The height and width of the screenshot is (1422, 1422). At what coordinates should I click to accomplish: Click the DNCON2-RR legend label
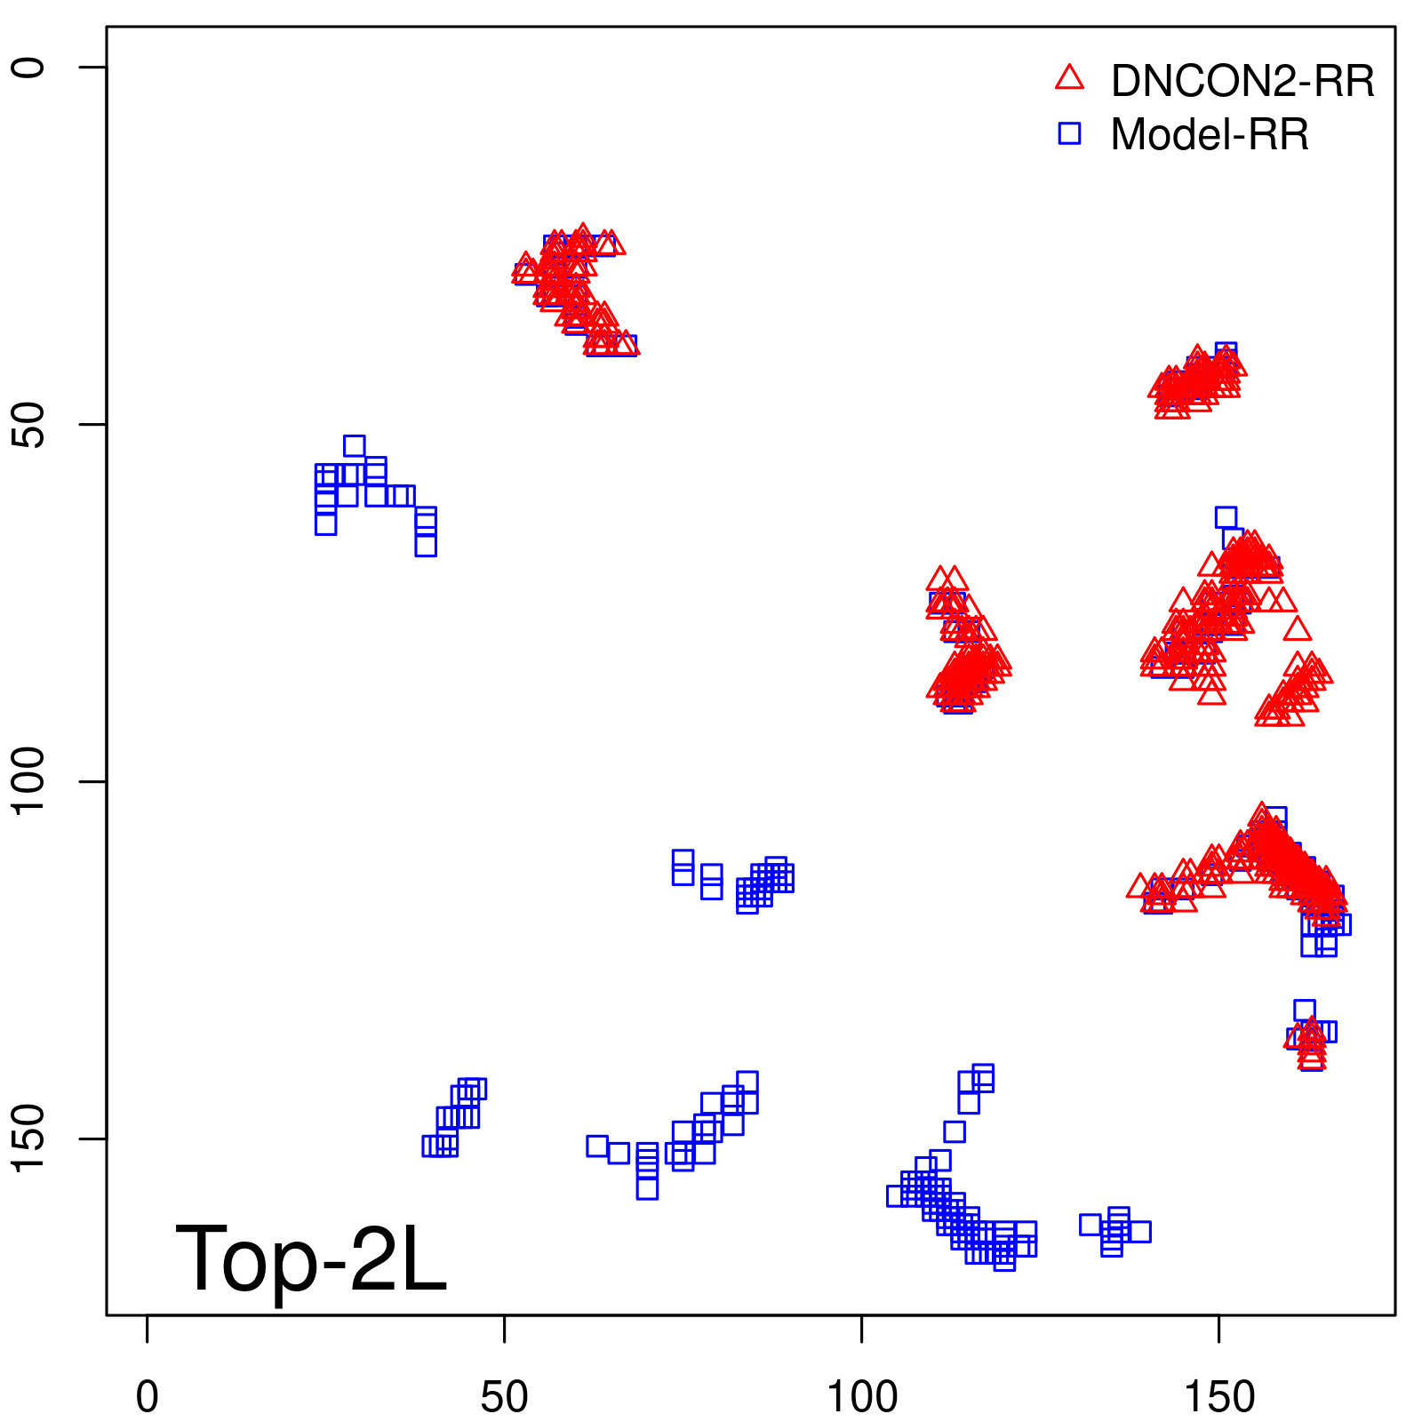click(x=1242, y=81)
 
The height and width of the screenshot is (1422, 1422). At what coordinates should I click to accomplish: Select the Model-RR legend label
click(x=1209, y=135)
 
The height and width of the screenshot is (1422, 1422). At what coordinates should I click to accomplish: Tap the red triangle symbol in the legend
click(x=1069, y=78)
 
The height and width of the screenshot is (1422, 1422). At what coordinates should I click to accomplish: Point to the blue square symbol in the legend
click(x=1069, y=133)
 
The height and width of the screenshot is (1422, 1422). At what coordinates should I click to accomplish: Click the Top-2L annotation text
click(x=311, y=1258)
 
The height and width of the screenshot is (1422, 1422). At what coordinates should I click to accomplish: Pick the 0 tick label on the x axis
click(x=148, y=1397)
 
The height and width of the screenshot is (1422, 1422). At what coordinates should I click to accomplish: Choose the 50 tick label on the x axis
click(x=504, y=1397)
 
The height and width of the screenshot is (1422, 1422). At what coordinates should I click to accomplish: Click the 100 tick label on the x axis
click(x=862, y=1397)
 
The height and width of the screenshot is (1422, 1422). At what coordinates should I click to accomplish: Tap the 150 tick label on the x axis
click(x=1219, y=1397)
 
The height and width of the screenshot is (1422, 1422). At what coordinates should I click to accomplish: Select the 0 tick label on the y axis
click(x=28, y=68)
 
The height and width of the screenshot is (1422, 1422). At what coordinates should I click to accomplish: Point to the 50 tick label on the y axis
click(x=28, y=425)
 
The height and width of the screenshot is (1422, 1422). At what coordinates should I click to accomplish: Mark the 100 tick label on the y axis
click(x=28, y=781)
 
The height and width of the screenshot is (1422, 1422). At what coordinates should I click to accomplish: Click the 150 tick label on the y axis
click(x=28, y=1138)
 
